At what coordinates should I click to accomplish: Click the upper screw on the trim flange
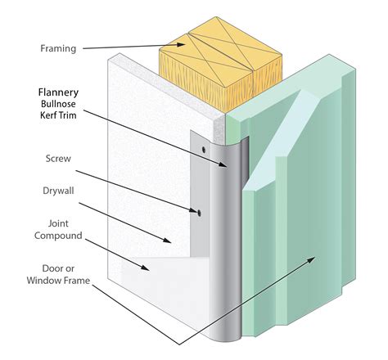[x=201, y=149]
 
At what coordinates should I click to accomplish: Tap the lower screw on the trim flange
[x=199, y=213]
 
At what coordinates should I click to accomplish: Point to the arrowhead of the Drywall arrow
[x=173, y=242]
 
